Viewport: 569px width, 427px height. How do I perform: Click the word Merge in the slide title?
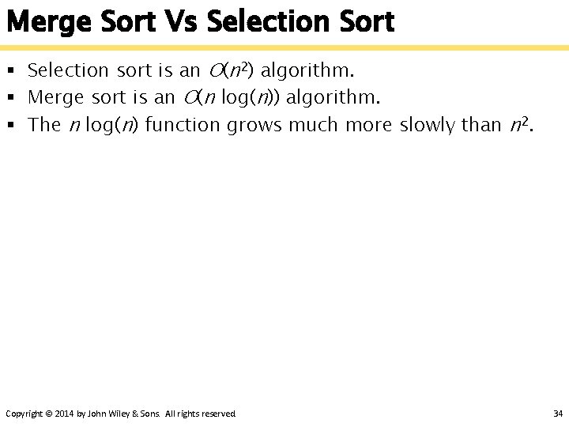(x=49, y=22)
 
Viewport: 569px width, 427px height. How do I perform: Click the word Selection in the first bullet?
(x=68, y=71)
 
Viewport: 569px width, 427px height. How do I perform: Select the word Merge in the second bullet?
(x=57, y=98)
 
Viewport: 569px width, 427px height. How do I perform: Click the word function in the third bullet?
(x=185, y=125)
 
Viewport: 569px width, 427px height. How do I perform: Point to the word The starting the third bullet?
(x=44, y=125)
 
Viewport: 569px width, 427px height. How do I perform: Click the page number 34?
(x=557, y=414)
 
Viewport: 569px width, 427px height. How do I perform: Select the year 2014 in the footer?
(x=65, y=414)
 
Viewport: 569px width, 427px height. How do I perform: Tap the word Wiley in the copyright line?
(x=120, y=414)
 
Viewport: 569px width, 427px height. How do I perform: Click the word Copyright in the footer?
(x=24, y=414)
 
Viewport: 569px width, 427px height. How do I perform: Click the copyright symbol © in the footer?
(x=49, y=414)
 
